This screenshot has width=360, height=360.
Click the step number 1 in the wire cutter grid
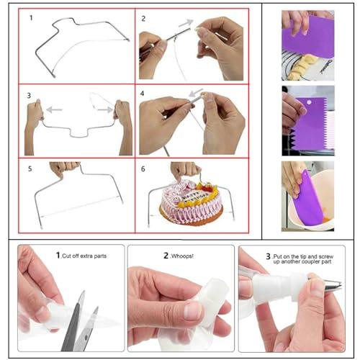coord(31,18)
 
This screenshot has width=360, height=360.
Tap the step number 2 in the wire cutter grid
coord(143,18)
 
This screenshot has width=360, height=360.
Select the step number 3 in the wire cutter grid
coord(29,94)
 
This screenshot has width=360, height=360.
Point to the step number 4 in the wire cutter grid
coord(143,94)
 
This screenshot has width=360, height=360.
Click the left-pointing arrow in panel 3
coord(52,109)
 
